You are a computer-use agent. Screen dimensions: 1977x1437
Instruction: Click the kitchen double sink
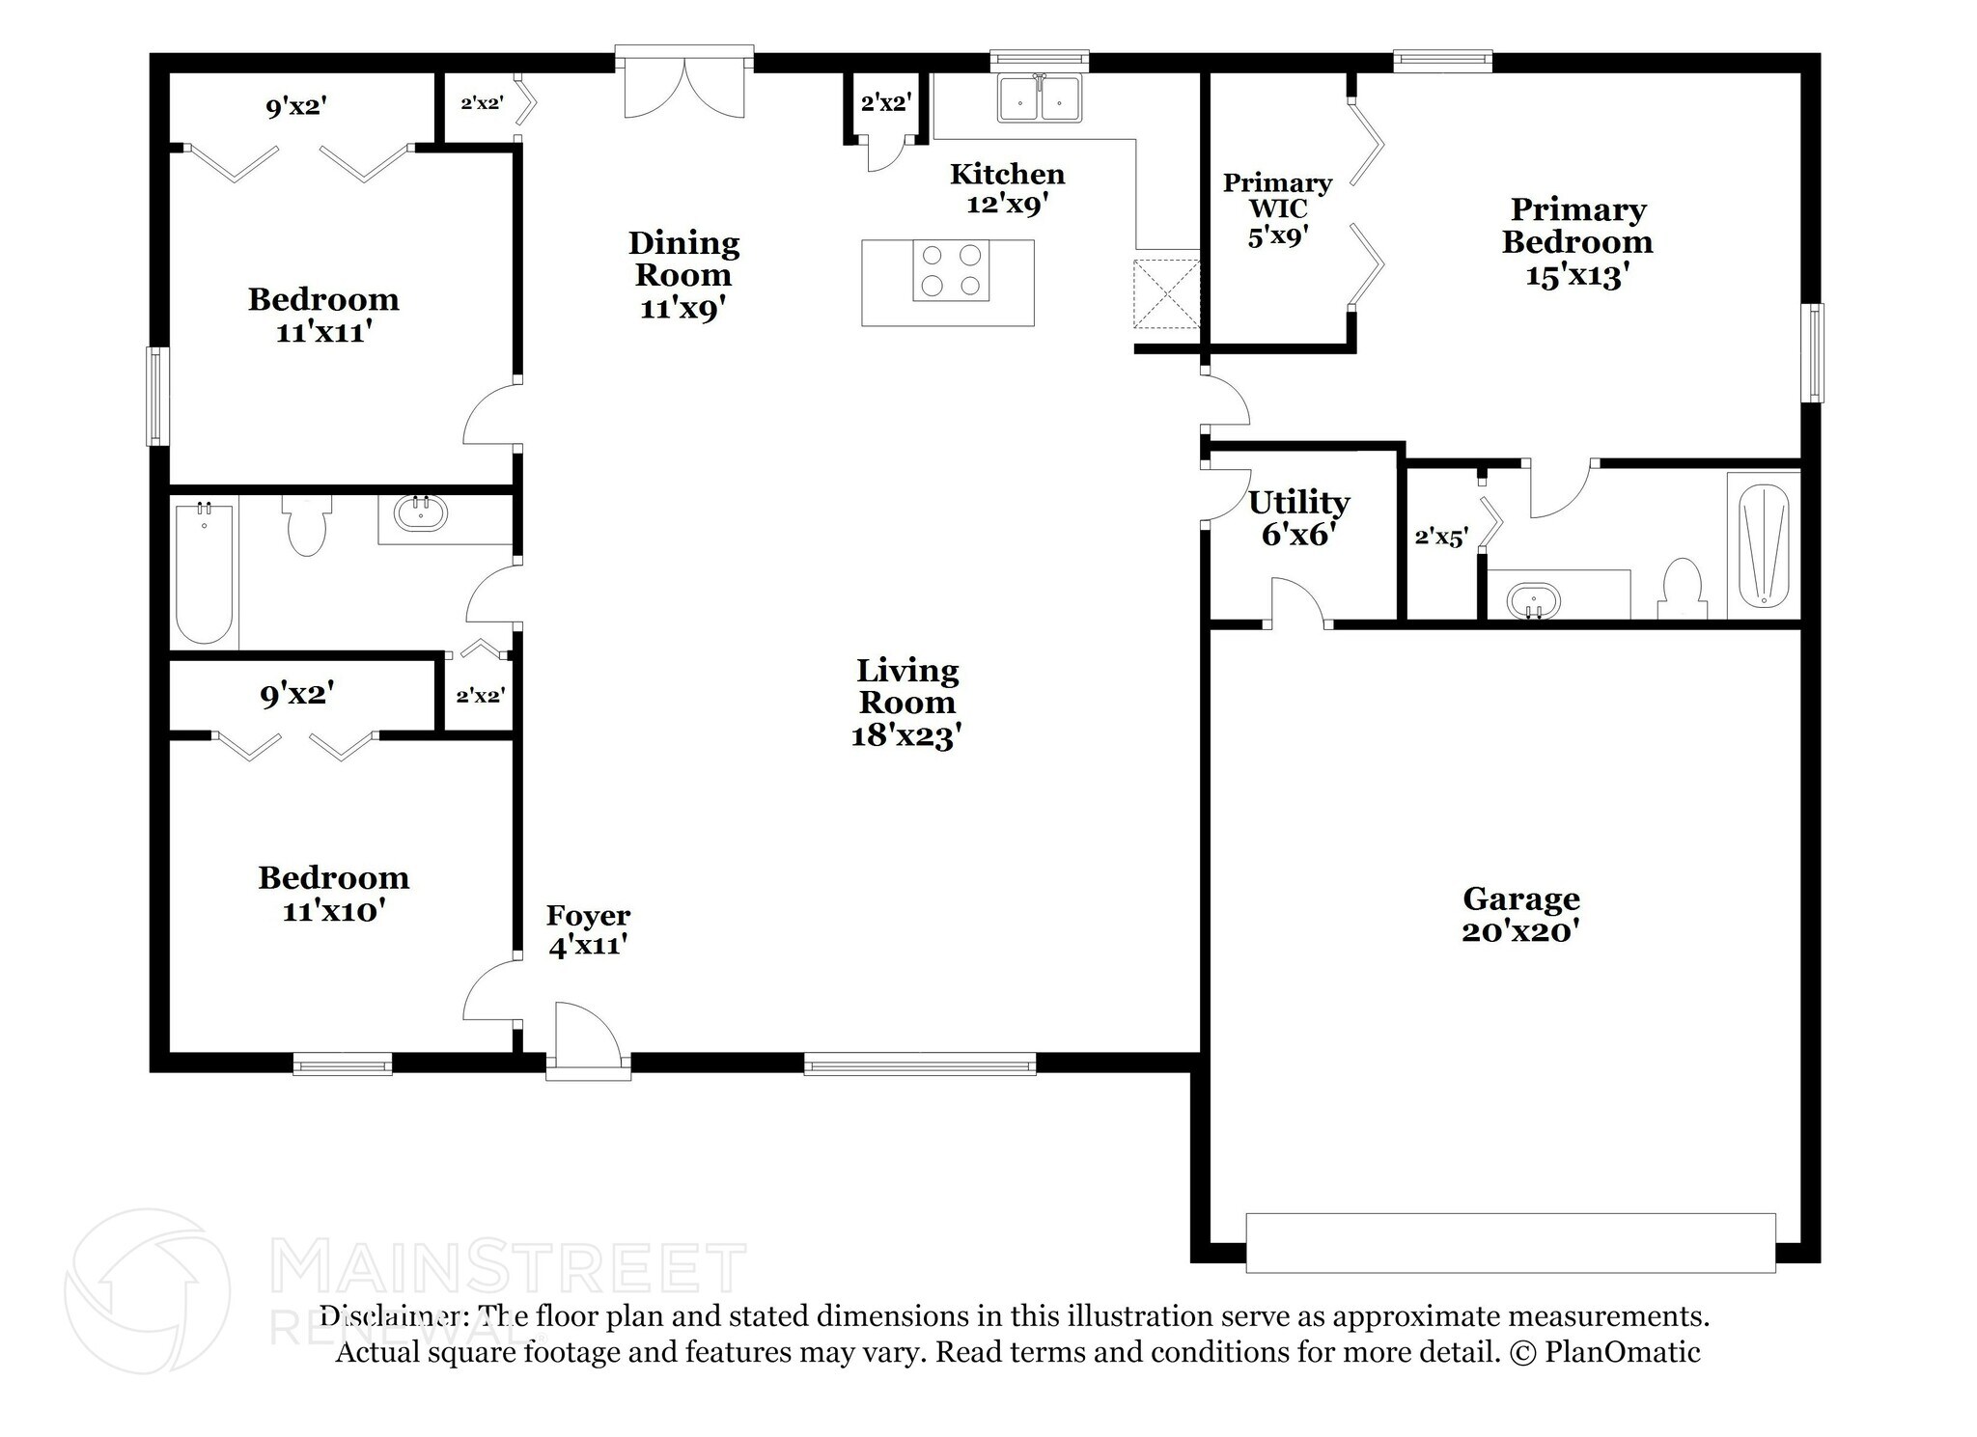(1040, 97)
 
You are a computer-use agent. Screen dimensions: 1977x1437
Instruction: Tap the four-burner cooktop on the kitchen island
(951, 270)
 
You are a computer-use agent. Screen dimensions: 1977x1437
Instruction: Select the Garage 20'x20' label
(1520, 915)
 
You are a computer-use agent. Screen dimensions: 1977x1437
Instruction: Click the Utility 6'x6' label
(1298, 518)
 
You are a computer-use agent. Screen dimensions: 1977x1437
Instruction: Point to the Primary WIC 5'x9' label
(1277, 209)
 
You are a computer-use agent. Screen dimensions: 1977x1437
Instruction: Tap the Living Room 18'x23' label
(907, 703)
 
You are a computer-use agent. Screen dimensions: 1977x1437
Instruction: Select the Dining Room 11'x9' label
(683, 275)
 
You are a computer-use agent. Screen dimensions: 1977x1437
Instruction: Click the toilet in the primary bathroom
(1683, 589)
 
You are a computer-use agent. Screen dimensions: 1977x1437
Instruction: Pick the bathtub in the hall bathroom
(205, 573)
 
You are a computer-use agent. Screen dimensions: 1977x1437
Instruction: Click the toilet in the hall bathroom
(307, 525)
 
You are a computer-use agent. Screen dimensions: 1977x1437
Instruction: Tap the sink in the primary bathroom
(1533, 600)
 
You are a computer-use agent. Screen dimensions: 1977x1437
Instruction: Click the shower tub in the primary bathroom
(1764, 545)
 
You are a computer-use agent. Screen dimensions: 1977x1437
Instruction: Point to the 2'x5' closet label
(1441, 538)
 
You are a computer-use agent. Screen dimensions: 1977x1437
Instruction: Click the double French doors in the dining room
(684, 84)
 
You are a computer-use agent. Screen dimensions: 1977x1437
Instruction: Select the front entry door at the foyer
(588, 1041)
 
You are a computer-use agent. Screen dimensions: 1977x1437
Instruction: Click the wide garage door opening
(1511, 1242)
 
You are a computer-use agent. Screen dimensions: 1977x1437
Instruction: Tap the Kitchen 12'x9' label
(1008, 189)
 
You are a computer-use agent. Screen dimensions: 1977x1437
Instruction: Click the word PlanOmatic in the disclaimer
(1623, 1352)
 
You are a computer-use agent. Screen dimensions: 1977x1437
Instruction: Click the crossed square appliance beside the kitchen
(1167, 293)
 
